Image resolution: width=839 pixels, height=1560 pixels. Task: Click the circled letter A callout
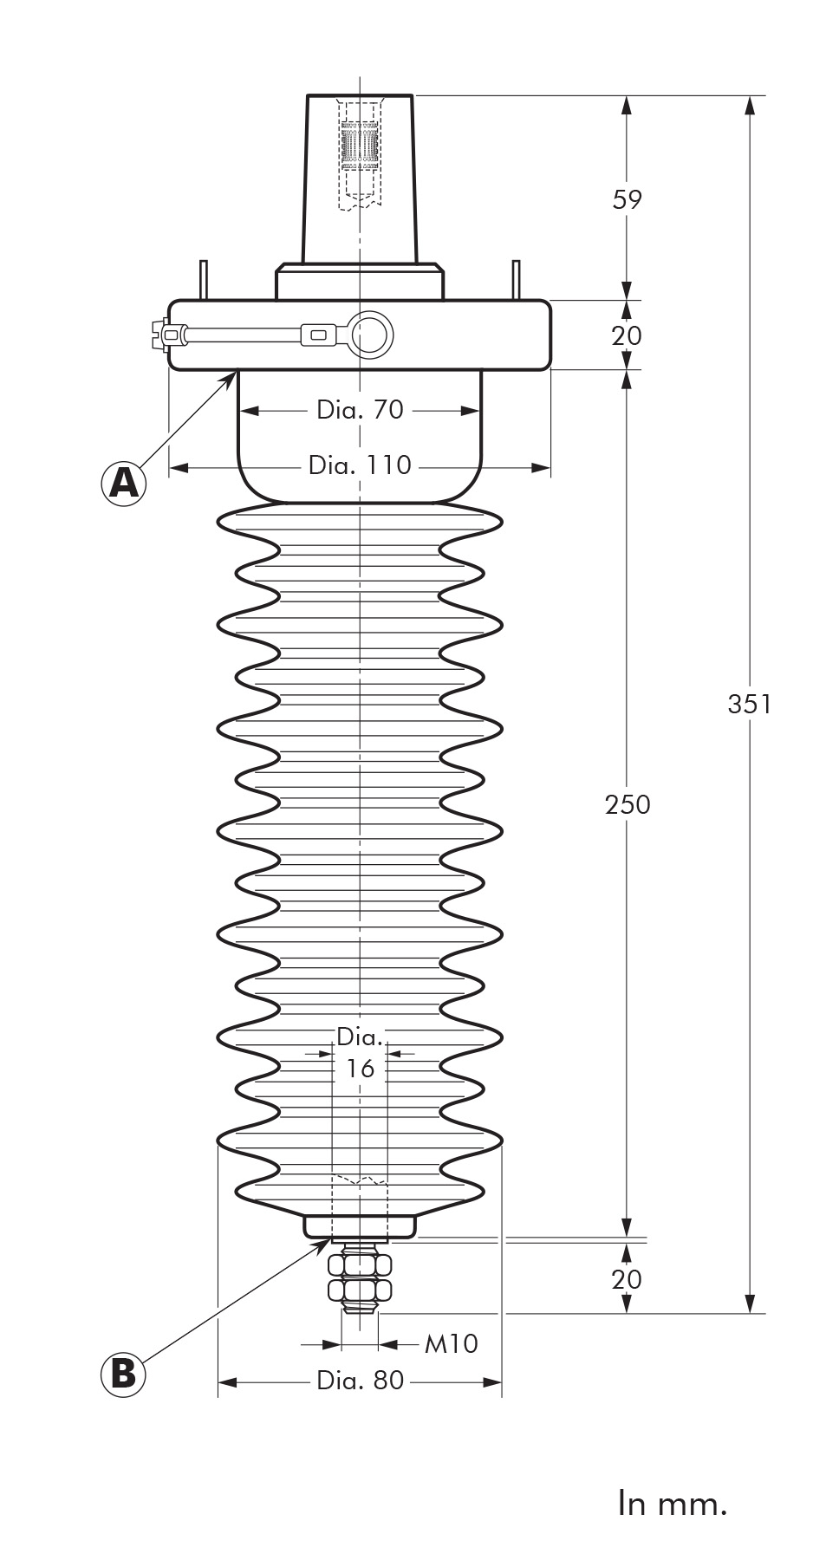pyautogui.click(x=123, y=482)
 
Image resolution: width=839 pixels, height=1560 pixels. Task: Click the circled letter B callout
pyautogui.click(x=123, y=1374)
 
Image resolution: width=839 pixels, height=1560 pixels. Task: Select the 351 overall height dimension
pyautogui.click(x=749, y=704)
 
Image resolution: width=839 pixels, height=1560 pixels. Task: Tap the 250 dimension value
pyautogui.click(x=628, y=804)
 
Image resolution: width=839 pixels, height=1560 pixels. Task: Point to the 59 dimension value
pyautogui.click(x=628, y=199)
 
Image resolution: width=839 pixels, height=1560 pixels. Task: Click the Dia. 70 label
pyautogui.click(x=360, y=409)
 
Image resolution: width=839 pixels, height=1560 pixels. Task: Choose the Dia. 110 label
pyautogui.click(x=360, y=465)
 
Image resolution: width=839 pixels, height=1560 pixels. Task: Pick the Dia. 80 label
pyautogui.click(x=360, y=1380)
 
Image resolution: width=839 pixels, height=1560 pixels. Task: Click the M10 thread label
pyautogui.click(x=451, y=1343)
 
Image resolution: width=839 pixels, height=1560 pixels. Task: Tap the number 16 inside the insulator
pyautogui.click(x=360, y=1069)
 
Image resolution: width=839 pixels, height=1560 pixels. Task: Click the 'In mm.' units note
pyautogui.click(x=673, y=1503)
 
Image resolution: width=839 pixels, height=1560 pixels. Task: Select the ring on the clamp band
pyautogui.click(x=371, y=334)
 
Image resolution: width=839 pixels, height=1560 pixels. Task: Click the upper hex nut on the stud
pyautogui.click(x=360, y=1264)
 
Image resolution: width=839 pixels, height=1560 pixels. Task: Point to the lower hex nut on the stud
pyautogui.click(x=360, y=1291)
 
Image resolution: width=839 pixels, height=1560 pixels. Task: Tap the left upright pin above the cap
pyautogui.click(x=203, y=280)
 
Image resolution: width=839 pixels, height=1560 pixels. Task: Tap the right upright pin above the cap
pyautogui.click(x=516, y=280)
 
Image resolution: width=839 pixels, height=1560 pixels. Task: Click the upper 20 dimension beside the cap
pyautogui.click(x=627, y=335)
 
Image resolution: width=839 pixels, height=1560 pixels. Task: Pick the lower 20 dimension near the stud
pyautogui.click(x=627, y=1278)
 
